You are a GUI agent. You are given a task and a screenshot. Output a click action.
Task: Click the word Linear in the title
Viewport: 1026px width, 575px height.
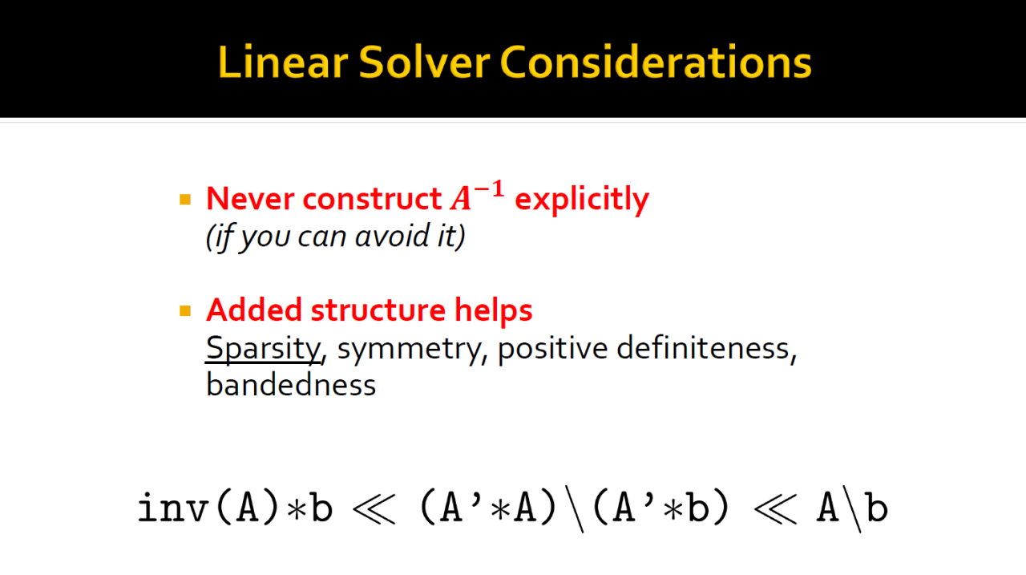pyautogui.click(x=283, y=63)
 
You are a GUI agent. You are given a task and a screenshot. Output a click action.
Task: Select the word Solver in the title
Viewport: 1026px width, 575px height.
pyautogui.click(x=425, y=63)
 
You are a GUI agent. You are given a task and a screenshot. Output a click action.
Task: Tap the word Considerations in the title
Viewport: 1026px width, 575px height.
pyautogui.click(x=656, y=63)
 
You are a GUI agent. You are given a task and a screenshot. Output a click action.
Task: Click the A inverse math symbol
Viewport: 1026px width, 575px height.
pyautogui.click(x=477, y=196)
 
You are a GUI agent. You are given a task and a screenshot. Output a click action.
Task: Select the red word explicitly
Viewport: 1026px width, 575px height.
pyautogui.click(x=582, y=200)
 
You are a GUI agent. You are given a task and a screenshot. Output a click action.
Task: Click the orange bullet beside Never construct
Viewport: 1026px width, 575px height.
pyautogui.click(x=185, y=200)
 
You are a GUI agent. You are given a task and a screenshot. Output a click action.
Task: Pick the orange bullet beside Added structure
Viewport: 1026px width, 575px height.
pyautogui.click(x=185, y=311)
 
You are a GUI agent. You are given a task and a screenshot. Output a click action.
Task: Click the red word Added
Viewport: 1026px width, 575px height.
pyautogui.click(x=254, y=310)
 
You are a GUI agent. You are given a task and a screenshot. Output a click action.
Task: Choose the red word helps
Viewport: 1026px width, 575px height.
pyautogui.click(x=493, y=311)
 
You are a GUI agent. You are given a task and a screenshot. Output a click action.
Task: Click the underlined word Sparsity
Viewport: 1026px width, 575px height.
pyautogui.click(x=263, y=350)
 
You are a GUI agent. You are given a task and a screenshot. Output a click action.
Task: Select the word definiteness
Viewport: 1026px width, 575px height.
pyautogui.click(x=703, y=348)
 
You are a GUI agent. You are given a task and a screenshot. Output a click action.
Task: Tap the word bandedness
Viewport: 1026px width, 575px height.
pyautogui.click(x=291, y=384)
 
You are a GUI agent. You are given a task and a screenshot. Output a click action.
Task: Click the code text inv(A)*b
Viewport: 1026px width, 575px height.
pyautogui.click(x=236, y=508)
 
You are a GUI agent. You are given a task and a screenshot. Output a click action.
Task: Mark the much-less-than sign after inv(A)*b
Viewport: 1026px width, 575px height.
pyautogui.click(x=374, y=509)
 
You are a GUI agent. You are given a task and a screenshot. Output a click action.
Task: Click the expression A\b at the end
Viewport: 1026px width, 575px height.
pyautogui.click(x=852, y=509)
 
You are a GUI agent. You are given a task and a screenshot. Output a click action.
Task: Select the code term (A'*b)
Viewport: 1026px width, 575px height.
pyautogui.click(x=660, y=508)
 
